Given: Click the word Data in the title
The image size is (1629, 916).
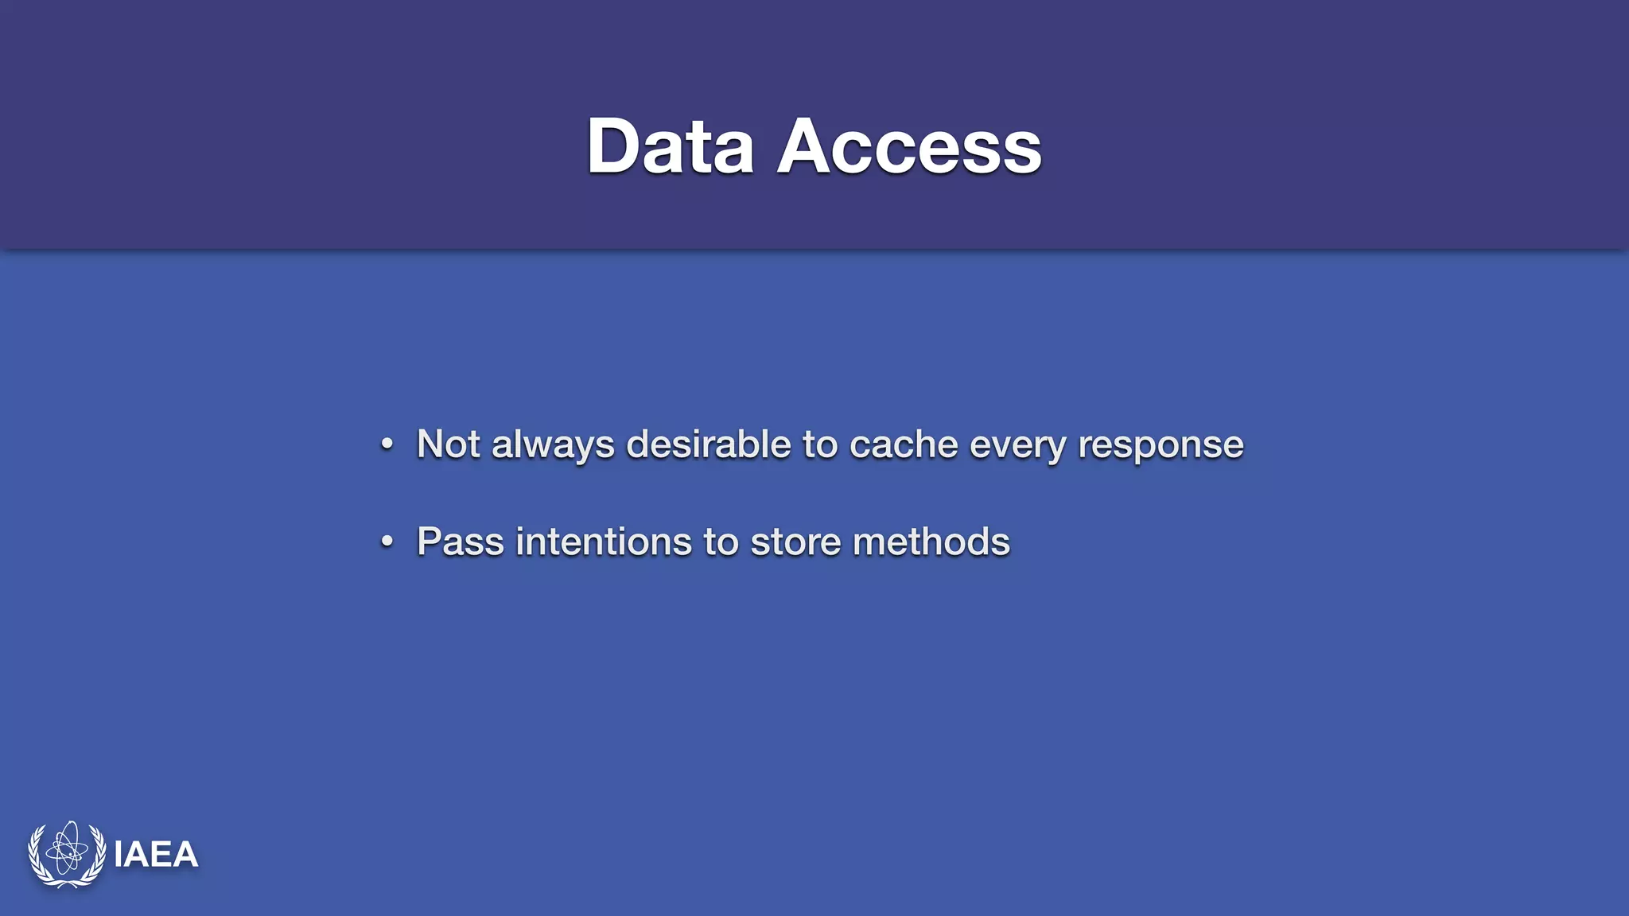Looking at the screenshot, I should (x=670, y=146).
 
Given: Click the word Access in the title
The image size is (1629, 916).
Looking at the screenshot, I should (x=909, y=146).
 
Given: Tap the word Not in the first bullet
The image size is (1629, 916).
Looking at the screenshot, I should (x=448, y=444).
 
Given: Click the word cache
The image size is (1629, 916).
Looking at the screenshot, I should (x=904, y=444).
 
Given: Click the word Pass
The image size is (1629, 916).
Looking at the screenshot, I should (x=461, y=542).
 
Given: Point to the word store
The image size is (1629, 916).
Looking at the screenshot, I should (x=795, y=542).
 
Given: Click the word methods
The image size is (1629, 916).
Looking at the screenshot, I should (x=931, y=542).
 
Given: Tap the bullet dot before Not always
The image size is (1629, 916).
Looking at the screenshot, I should (x=387, y=444).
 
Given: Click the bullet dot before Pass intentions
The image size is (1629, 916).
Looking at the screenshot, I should (x=387, y=542).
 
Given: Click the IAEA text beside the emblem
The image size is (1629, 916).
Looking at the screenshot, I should (x=156, y=855).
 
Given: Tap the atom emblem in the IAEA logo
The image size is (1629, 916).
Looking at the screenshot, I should (x=67, y=853).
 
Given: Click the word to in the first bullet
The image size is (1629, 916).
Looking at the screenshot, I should (x=820, y=444).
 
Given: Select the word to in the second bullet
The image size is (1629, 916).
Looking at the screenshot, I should (x=721, y=542).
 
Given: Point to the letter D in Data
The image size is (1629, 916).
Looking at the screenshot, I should (x=613, y=146).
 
